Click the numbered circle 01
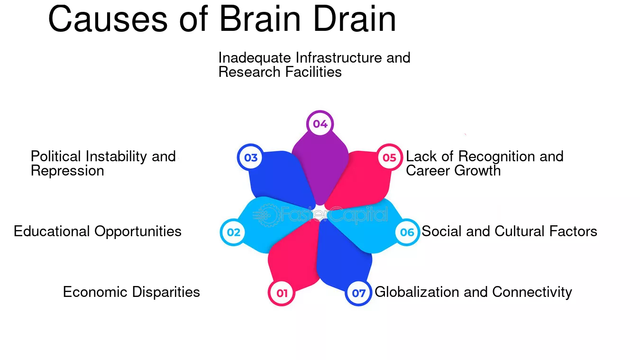tap(282, 293)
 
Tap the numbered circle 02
tap(233, 232)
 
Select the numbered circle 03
tap(251, 157)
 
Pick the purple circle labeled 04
tap(320, 124)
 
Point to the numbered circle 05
tap(389, 157)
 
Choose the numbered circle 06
tap(407, 232)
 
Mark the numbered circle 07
tap(358, 293)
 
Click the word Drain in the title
tap(355, 19)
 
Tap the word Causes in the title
tap(108, 19)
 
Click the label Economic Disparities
tap(131, 292)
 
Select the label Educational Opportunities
tap(98, 231)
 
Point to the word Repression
tap(67, 171)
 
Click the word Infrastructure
tap(338, 57)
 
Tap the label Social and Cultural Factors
tap(510, 231)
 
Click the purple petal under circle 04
tap(320, 169)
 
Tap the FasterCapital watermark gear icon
tap(267, 215)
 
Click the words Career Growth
tap(453, 171)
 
